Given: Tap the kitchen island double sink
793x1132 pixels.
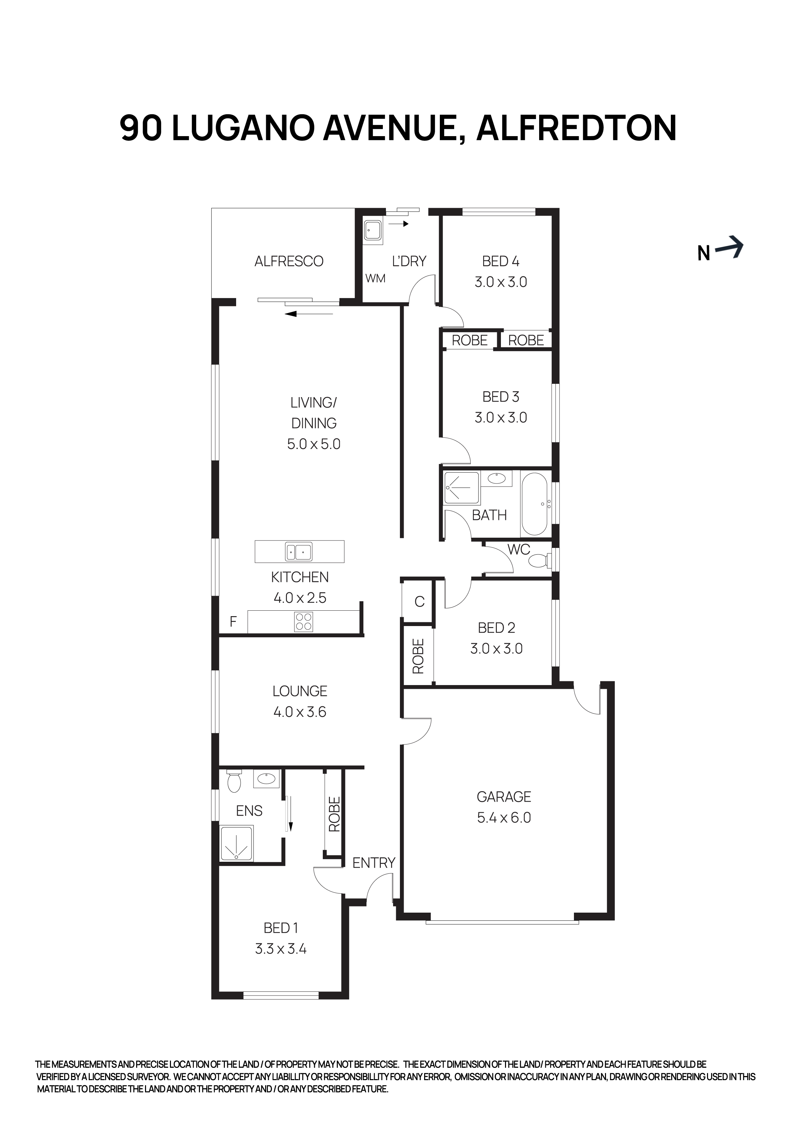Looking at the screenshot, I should tap(298, 552).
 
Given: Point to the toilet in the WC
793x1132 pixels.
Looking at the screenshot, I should tap(540, 561).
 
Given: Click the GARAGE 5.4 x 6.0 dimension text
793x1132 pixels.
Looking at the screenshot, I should tap(504, 817).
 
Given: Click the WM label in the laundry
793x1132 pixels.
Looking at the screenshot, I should tap(375, 278).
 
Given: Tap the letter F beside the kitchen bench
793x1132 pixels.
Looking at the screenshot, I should tap(233, 622).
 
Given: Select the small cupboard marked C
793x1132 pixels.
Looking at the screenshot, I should tap(419, 601).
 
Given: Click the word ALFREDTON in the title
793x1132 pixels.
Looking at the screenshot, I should tap(576, 128).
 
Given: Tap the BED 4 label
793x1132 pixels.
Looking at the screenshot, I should tap(501, 261).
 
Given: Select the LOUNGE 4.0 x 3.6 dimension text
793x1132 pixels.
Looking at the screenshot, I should tap(299, 712).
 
